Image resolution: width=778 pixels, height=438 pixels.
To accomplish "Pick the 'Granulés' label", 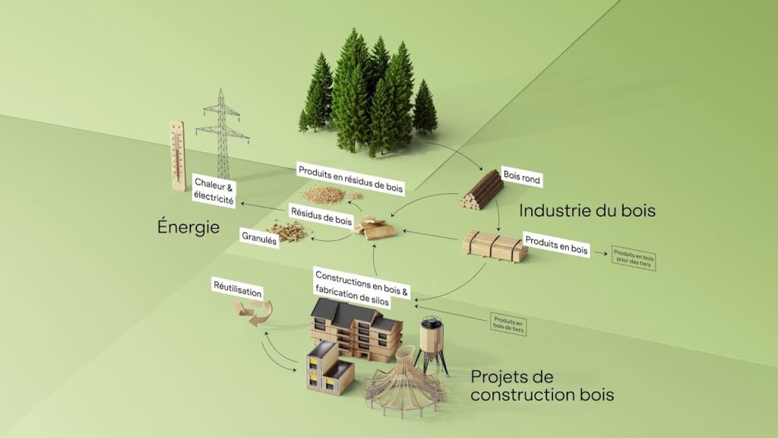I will [x=258, y=236].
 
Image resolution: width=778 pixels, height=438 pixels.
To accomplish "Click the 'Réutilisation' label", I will [x=237, y=290].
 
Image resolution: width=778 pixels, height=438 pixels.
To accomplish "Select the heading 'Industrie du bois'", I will [x=587, y=210].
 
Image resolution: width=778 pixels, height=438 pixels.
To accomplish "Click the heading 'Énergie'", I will [x=189, y=227].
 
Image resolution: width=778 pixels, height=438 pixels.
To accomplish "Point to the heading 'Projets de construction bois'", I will [x=542, y=386].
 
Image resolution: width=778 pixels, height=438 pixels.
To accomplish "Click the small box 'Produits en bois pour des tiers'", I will [x=633, y=259].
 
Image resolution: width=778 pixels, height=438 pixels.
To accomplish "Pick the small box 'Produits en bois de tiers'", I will [x=507, y=325].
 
